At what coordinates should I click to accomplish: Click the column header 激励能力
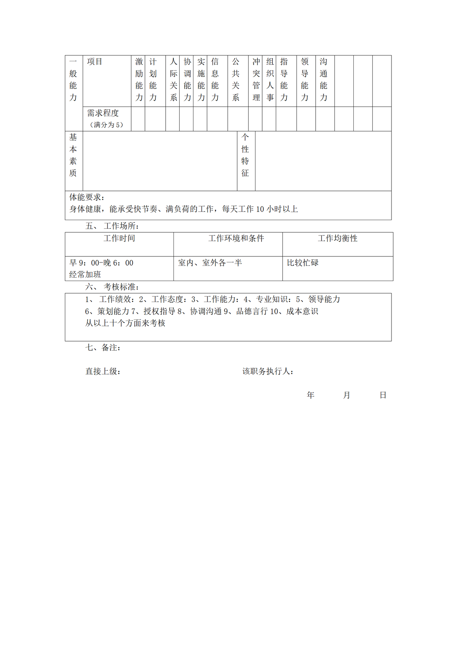(139, 80)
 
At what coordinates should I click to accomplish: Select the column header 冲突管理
(256, 80)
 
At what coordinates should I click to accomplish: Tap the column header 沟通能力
(323, 80)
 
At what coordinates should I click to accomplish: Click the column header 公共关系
(236, 80)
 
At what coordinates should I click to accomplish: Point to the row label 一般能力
(73, 80)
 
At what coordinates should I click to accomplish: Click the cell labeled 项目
(95, 62)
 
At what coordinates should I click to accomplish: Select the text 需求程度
(103, 113)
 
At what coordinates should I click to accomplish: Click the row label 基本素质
(73, 155)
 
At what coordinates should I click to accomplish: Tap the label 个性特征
(245, 155)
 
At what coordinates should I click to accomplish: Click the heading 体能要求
(87, 197)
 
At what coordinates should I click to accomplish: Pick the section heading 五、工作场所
(112, 226)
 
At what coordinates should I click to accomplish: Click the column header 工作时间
(119, 238)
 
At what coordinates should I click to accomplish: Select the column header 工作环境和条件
(236, 238)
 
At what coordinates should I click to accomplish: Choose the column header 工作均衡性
(338, 238)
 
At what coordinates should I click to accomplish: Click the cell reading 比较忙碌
(303, 263)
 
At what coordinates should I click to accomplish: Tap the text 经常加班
(85, 275)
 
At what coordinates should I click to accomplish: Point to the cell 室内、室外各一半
(210, 263)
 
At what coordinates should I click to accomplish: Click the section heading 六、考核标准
(112, 287)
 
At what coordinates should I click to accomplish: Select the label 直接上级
(103, 371)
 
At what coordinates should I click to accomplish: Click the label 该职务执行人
(268, 371)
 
